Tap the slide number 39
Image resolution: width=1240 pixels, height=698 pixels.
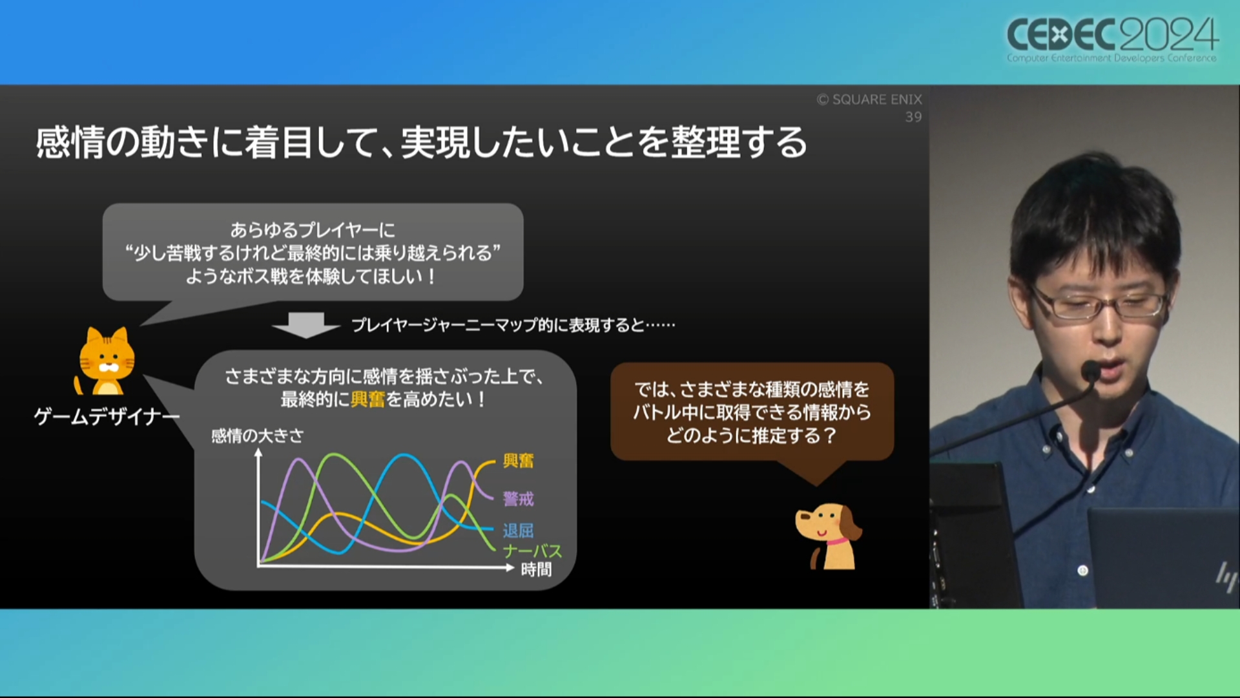(x=913, y=117)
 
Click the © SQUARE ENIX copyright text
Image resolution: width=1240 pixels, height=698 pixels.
(x=869, y=100)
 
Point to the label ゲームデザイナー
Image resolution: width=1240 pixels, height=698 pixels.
(x=107, y=417)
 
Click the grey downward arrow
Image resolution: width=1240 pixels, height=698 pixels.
(x=306, y=325)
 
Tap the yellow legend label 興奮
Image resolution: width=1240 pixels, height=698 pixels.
(x=518, y=461)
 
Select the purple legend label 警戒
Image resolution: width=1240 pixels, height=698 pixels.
(x=518, y=499)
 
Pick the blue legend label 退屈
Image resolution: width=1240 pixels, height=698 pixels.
(x=518, y=531)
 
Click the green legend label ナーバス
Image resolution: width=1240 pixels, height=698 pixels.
(x=533, y=551)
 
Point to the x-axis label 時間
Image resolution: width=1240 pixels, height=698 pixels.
(x=536, y=569)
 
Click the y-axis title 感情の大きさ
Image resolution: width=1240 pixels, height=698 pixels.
(x=257, y=436)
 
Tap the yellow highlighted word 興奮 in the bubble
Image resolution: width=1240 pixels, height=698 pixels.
(x=367, y=399)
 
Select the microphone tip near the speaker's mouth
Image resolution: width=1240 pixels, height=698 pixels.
(x=1091, y=370)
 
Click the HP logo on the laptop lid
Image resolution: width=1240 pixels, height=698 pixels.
(x=1225, y=577)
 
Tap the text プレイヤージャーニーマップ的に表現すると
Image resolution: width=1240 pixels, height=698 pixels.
(x=498, y=325)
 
